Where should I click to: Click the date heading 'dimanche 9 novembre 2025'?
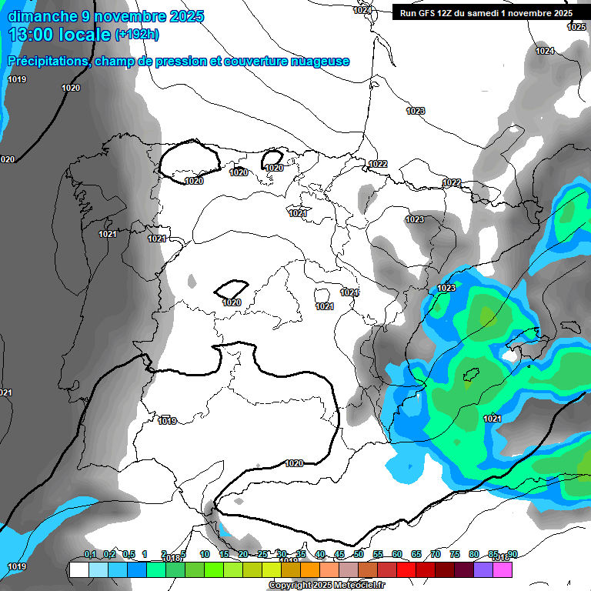(x=106, y=16)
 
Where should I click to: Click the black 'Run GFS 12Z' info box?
(x=483, y=12)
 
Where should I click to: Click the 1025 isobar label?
(x=576, y=27)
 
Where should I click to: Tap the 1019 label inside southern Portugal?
(x=167, y=421)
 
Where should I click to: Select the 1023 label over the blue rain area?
(x=446, y=288)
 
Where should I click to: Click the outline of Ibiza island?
(x=472, y=376)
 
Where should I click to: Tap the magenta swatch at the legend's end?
(x=503, y=570)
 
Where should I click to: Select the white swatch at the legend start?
(x=78, y=570)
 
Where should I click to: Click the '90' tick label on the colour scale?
(x=513, y=554)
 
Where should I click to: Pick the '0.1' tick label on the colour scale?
(x=90, y=554)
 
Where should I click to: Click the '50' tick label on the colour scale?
(x=359, y=554)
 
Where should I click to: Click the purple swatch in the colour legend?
(x=483, y=570)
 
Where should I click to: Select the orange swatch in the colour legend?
(x=310, y=570)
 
